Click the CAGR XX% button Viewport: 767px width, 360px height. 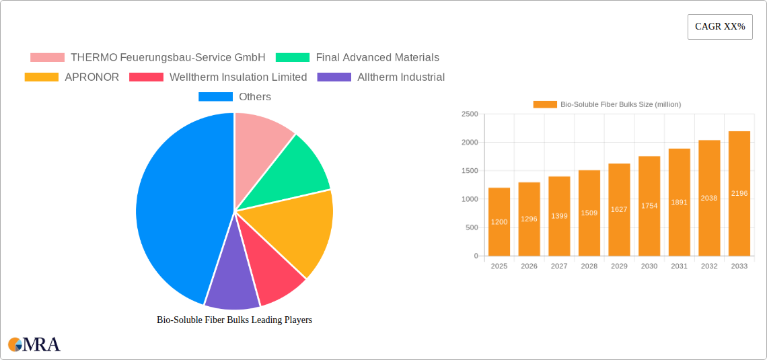tap(719, 27)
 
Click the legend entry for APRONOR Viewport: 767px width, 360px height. tap(72, 77)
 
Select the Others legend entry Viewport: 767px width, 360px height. tap(235, 97)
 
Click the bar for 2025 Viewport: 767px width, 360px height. tap(499, 222)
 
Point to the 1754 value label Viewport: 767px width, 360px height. tap(649, 206)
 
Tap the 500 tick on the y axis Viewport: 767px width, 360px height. tap(472, 227)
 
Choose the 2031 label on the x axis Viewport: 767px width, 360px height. tap(679, 266)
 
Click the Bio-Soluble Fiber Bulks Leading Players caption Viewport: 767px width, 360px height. tap(234, 320)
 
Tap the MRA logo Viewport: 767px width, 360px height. tap(34, 345)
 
